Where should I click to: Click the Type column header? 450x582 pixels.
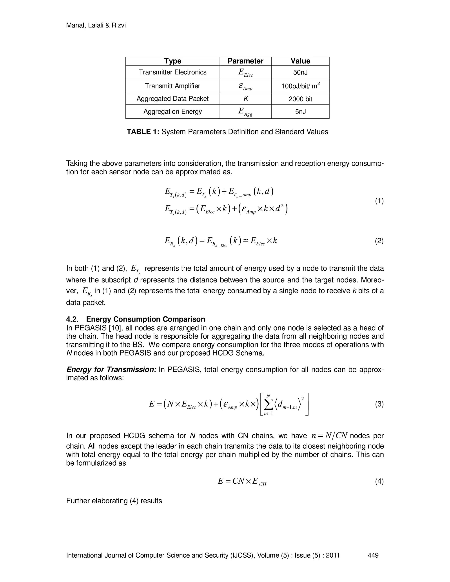pyautogui.click(x=172, y=61)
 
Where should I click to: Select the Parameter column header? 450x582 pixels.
pyautogui.click(x=245, y=61)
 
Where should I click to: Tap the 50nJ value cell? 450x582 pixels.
pyautogui.click(x=300, y=72)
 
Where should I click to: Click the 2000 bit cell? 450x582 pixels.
pyautogui.click(x=300, y=99)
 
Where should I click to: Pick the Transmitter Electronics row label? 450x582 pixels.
pyautogui.click(x=172, y=72)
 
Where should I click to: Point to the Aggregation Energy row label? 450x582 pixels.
pyautogui.click(x=172, y=111)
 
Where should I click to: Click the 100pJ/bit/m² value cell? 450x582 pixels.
pyautogui.click(x=300, y=86)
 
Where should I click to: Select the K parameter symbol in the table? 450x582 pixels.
pyautogui.click(x=245, y=99)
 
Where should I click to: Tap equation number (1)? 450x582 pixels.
pyautogui.click(x=379, y=201)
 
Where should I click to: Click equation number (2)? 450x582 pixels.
pyautogui.click(x=379, y=241)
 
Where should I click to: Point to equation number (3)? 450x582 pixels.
pyautogui.click(x=379, y=404)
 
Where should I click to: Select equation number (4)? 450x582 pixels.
pyautogui.click(x=379, y=481)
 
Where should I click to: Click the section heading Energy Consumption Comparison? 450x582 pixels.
pyautogui.click(x=145, y=319)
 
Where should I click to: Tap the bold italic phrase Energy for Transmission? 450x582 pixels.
pyautogui.click(x=111, y=370)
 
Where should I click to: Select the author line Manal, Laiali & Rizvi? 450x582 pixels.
pyautogui.click(x=96, y=25)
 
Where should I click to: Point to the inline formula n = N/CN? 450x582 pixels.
pyautogui.click(x=330, y=436)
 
